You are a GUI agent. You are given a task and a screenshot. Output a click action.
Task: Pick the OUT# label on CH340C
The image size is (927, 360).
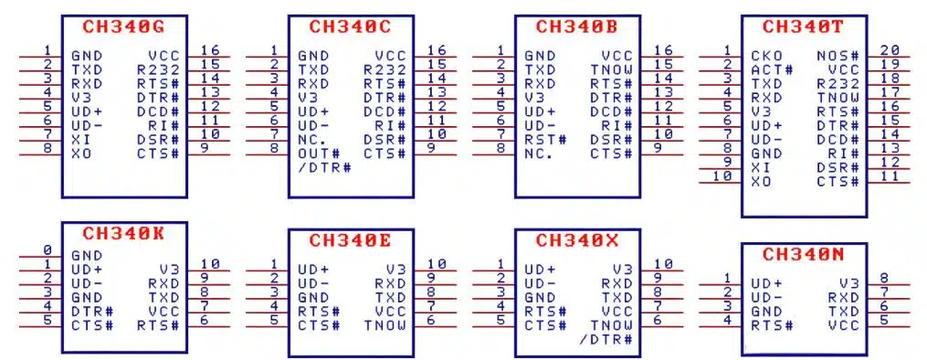(x=317, y=154)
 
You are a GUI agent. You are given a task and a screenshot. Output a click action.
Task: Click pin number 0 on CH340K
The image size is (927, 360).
(x=47, y=250)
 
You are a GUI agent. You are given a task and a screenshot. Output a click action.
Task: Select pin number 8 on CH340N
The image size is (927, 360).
(x=883, y=279)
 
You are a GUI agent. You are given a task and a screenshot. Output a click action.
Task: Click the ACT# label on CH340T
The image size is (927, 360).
(x=769, y=69)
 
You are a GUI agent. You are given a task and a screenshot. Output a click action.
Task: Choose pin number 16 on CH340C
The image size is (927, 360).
(x=437, y=50)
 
